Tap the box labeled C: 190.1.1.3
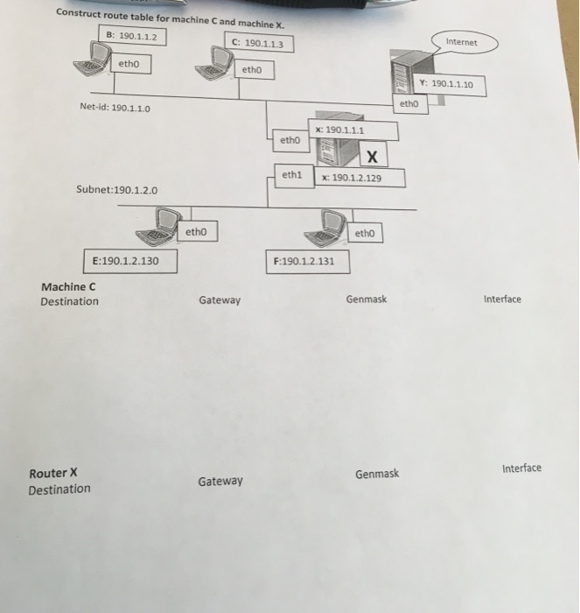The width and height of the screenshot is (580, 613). click(x=259, y=42)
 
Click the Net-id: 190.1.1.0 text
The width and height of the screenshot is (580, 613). click(x=115, y=109)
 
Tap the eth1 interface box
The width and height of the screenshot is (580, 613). click(x=292, y=175)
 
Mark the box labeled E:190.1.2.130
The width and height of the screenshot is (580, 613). click(x=131, y=261)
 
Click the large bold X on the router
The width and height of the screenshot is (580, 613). click(x=373, y=158)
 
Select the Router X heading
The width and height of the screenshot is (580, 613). click(x=53, y=473)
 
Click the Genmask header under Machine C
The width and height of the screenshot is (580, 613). click(x=366, y=299)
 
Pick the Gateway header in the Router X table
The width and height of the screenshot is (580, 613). click(x=220, y=482)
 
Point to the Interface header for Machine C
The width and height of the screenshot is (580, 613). click(x=501, y=299)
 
